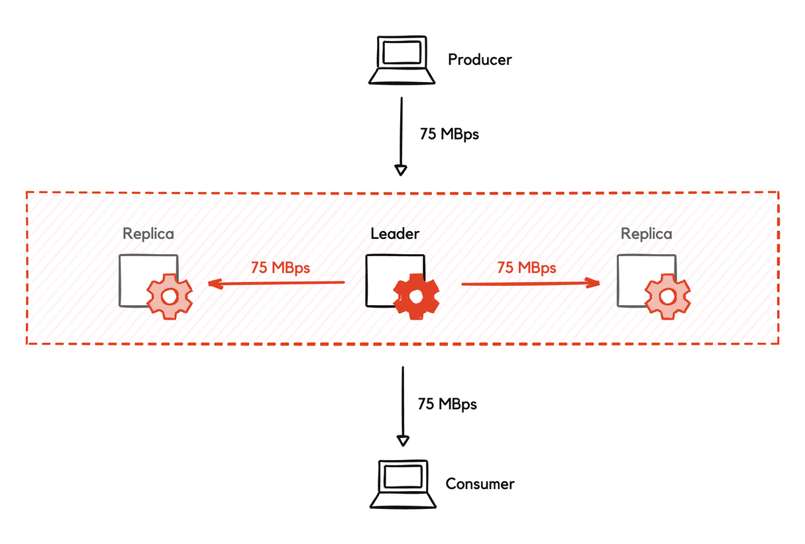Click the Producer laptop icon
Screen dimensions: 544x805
(x=402, y=60)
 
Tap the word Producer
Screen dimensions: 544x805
(x=480, y=60)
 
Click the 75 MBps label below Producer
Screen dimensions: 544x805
(x=449, y=134)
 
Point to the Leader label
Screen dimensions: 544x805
(x=395, y=234)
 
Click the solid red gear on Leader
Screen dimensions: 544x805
(x=416, y=297)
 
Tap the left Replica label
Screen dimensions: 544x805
(x=148, y=234)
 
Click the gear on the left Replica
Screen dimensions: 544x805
(x=169, y=296)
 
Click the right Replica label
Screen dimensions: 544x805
(x=646, y=234)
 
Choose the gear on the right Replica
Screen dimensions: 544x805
(x=667, y=296)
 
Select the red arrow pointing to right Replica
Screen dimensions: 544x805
(x=530, y=283)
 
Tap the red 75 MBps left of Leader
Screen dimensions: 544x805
(x=280, y=268)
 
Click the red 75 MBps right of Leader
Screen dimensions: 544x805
(x=527, y=268)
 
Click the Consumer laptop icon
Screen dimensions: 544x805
(x=401, y=484)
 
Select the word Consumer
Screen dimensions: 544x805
(x=480, y=484)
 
